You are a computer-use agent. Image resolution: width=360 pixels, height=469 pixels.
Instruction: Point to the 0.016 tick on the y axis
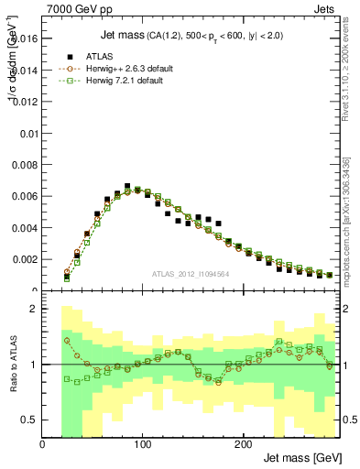[25, 38]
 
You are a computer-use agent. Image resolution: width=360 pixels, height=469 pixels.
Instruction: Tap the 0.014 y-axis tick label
[25, 70]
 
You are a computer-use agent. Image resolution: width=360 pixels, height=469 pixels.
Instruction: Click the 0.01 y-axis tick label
[28, 133]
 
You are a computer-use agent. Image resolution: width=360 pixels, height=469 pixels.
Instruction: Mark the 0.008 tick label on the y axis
[25, 165]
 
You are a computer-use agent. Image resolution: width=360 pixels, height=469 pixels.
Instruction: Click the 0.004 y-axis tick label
[25, 228]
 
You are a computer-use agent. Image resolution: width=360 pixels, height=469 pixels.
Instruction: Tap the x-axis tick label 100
[142, 443]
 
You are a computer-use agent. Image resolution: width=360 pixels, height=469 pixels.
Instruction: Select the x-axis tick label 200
[242, 443]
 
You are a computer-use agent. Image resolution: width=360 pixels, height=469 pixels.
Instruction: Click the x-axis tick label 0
[42, 443]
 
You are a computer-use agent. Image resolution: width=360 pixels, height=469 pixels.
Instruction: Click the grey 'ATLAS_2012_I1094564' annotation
[190, 273]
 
